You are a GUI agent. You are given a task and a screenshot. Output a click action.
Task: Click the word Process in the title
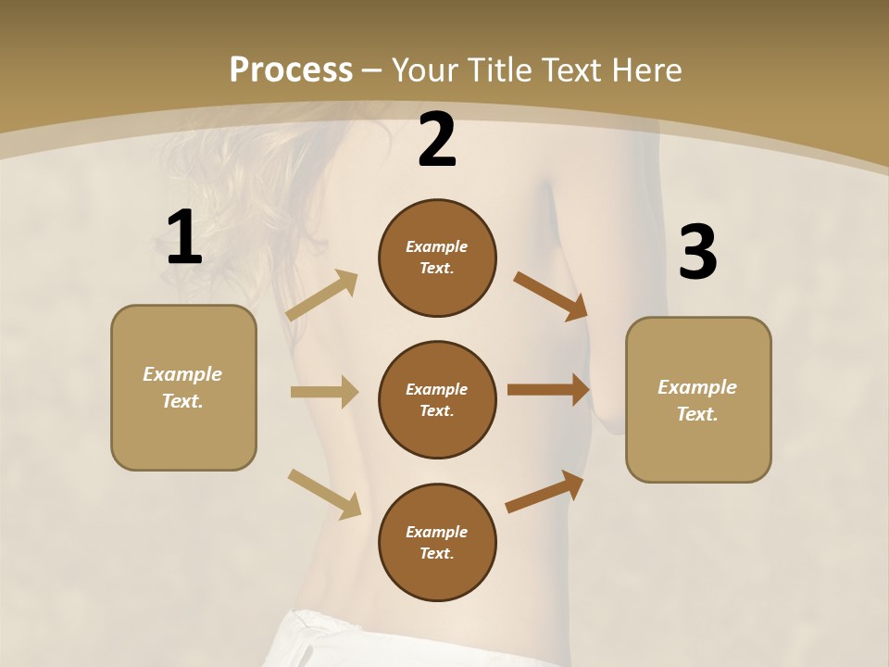point(291,70)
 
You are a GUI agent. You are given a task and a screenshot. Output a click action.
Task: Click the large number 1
point(184,238)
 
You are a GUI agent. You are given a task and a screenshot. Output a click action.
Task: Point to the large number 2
point(437,140)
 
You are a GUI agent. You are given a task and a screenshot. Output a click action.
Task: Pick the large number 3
point(698,253)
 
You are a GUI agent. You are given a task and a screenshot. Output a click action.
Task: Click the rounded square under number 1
point(183,387)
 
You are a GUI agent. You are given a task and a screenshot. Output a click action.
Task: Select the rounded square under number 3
point(698,400)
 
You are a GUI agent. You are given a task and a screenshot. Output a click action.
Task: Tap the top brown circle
point(437,258)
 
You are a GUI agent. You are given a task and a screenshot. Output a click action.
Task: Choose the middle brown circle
point(437,399)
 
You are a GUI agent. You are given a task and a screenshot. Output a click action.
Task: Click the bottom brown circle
point(437,542)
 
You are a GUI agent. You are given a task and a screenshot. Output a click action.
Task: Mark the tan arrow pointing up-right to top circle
point(322,296)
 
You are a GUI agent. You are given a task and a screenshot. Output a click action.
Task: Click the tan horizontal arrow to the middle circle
point(324,392)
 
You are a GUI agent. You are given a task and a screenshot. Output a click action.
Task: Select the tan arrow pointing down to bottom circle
point(324,494)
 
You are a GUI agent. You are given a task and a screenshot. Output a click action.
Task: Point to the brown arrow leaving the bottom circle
point(545,491)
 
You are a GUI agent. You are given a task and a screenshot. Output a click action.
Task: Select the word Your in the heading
point(423,70)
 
